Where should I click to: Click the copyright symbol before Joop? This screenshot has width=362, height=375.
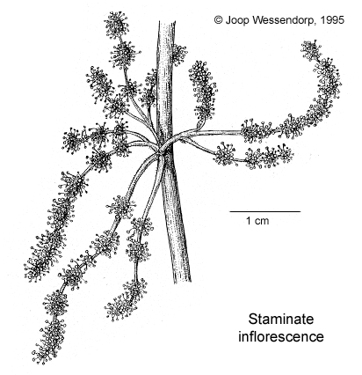[x=218, y=20]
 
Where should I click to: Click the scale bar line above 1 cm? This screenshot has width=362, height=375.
[x=265, y=211]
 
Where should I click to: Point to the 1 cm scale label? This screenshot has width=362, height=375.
[x=257, y=221]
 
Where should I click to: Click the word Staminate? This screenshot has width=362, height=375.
[x=281, y=320]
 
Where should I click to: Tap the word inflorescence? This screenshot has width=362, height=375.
[x=281, y=336]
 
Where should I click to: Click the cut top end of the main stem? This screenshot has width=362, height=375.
[x=167, y=22]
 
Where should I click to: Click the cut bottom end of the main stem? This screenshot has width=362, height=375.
[x=182, y=281]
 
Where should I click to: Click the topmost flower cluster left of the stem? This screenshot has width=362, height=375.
[x=117, y=26]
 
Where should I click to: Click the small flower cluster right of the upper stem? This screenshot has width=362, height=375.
[x=179, y=55]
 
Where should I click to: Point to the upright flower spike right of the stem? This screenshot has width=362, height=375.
[x=203, y=91]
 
